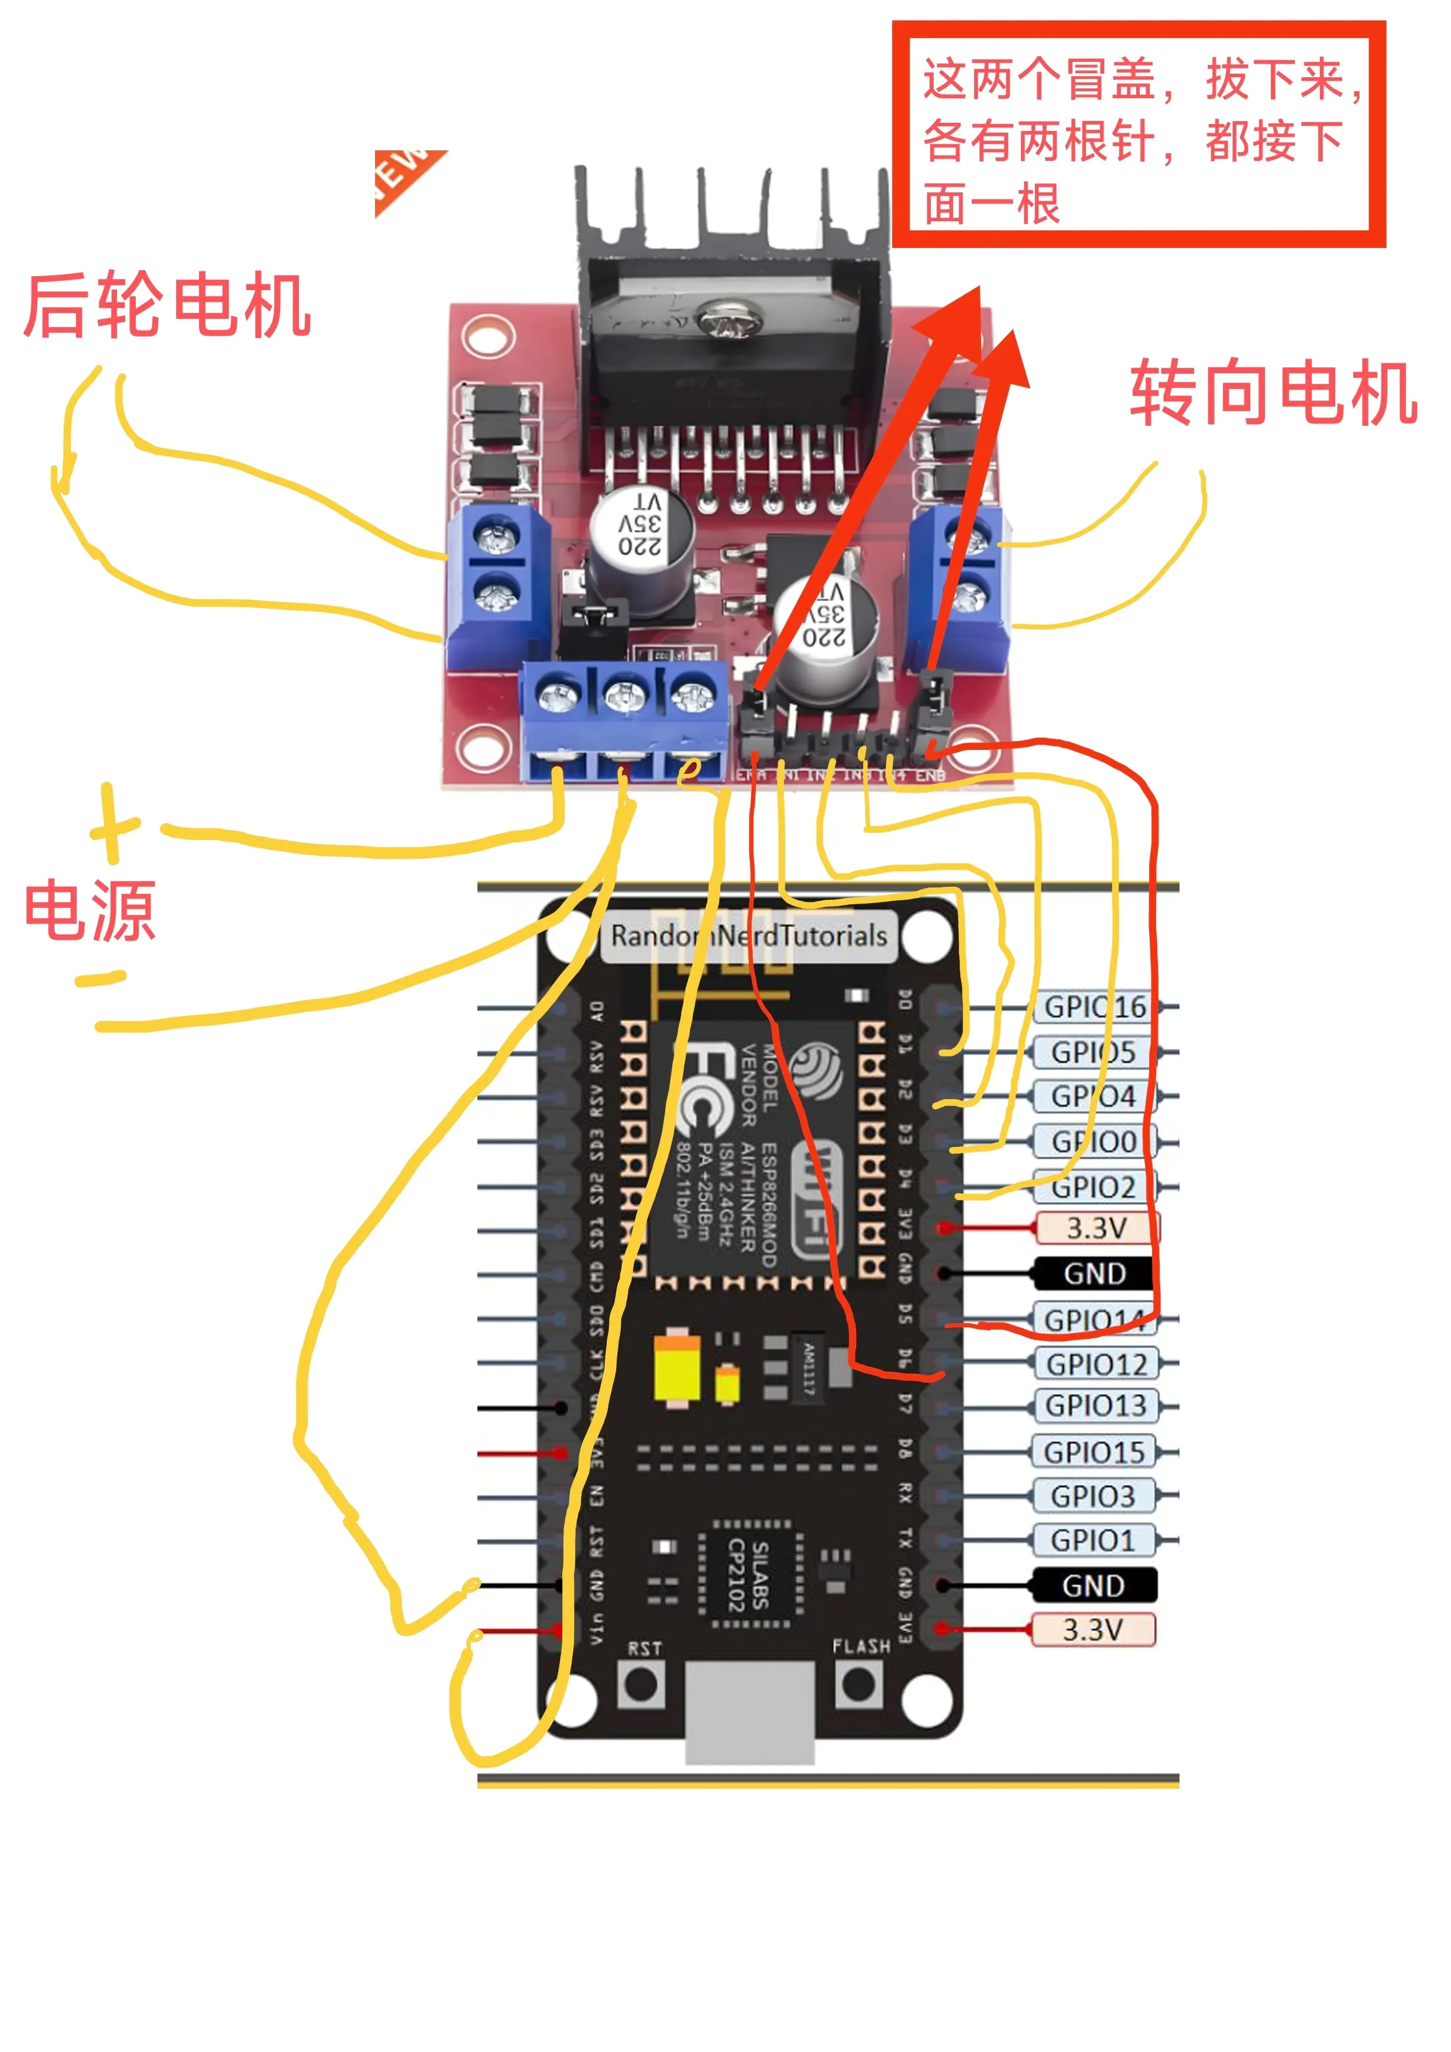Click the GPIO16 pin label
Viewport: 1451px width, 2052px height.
[1095, 1007]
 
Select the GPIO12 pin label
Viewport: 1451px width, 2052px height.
[1096, 1365]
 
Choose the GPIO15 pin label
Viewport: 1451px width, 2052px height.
[1094, 1453]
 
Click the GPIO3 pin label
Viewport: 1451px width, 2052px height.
[1092, 1497]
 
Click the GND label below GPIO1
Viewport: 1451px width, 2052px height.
[1094, 1586]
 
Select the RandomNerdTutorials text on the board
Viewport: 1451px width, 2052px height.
[748, 937]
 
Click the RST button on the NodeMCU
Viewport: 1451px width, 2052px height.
[641, 1686]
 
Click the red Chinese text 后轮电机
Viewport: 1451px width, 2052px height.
[167, 307]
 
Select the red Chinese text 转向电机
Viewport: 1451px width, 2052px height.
[1273, 393]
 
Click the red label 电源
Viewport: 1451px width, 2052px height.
[90, 911]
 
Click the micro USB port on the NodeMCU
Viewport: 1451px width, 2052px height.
[749, 1712]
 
